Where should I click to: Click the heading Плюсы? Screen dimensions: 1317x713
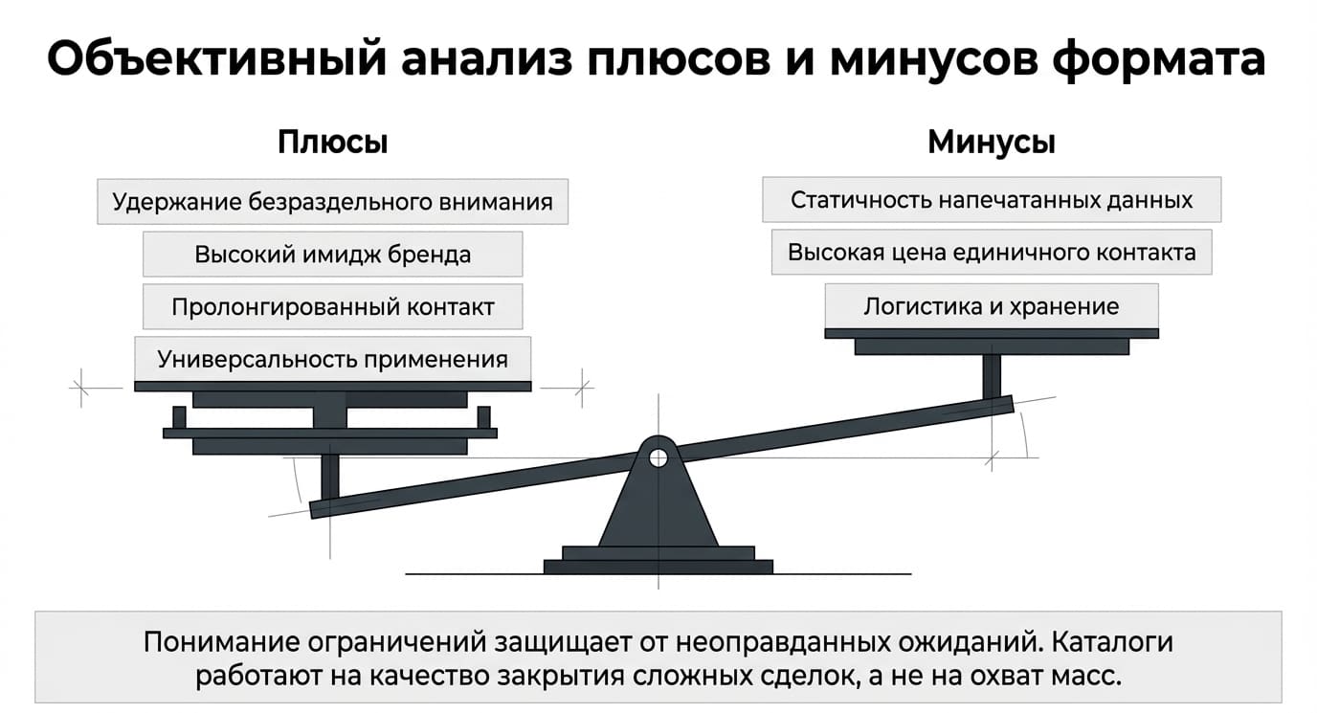click(333, 143)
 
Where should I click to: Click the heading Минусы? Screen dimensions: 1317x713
click(992, 143)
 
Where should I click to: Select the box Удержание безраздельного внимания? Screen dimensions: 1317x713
click(333, 202)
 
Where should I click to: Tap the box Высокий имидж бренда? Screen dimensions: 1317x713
click(333, 254)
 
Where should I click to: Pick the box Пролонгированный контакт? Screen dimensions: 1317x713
click(333, 307)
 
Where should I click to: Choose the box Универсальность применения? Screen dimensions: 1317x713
click(333, 359)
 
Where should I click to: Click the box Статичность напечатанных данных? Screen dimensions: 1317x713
click(992, 200)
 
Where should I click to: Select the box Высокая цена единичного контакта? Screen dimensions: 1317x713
click(992, 252)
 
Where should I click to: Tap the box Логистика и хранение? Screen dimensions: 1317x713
click(992, 306)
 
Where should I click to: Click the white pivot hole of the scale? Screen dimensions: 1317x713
click(658, 457)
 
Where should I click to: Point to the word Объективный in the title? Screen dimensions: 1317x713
click(216, 58)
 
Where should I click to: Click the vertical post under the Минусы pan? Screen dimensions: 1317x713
click(992, 377)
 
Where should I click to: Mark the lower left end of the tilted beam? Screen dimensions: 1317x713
click(312, 510)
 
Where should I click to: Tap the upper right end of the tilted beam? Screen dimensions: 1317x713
click(1012, 403)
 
